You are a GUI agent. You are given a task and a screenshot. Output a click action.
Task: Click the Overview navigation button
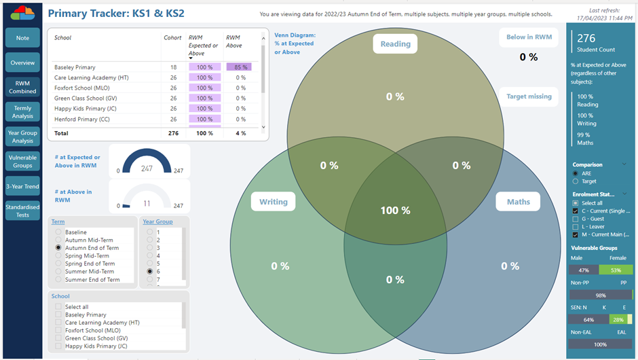point(22,62)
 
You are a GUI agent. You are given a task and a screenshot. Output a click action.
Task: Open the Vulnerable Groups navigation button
point(22,160)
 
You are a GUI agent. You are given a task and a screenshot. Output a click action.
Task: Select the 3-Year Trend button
point(22,186)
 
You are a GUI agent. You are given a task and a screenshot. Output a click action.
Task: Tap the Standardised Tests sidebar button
point(22,211)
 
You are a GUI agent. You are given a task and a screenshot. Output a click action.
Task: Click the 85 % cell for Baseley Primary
point(238,67)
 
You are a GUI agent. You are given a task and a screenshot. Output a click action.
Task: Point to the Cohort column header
point(172,38)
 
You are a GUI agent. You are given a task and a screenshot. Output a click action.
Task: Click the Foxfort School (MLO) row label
point(83,88)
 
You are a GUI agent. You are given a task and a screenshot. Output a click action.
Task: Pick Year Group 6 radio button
point(149,271)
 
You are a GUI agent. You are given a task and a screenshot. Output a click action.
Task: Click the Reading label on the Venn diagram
point(395,44)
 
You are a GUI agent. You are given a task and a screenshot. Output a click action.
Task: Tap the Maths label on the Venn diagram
point(518,202)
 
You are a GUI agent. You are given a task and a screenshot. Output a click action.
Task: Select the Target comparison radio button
point(576,181)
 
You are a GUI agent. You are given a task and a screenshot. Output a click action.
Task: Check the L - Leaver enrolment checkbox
point(576,226)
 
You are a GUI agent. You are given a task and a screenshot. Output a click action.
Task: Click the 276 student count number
point(586,39)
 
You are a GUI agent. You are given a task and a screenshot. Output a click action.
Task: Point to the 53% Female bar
point(616,270)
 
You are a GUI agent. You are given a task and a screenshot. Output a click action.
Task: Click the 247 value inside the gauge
point(147,168)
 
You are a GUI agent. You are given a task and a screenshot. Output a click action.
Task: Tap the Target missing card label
point(529,96)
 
